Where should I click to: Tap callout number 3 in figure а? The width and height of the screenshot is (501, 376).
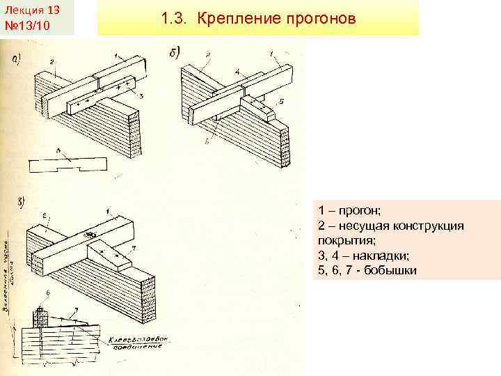click(x=141, y=95)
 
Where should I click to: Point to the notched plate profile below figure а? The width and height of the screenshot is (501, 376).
click(x=67, y=166)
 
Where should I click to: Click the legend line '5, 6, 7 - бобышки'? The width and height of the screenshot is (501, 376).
click(x=367, y=269)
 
